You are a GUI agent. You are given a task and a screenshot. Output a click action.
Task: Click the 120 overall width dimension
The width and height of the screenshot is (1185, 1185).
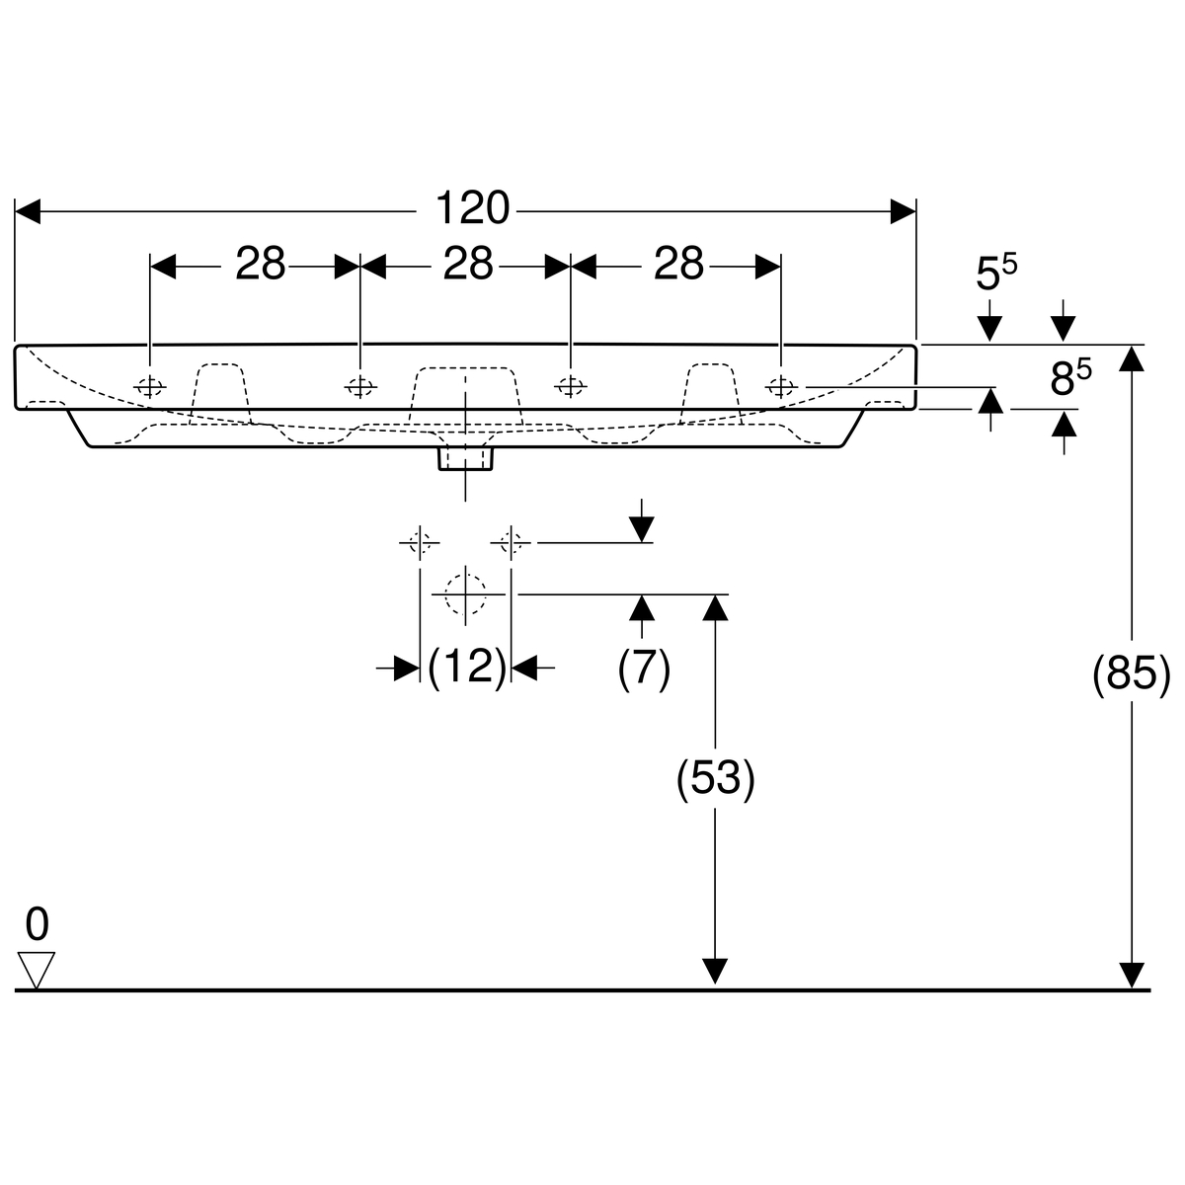tap(472, 209)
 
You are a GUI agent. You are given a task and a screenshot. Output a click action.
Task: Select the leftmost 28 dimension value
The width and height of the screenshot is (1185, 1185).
tap(260, 265)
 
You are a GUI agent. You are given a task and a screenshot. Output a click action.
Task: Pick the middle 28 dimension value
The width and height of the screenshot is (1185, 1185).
tap(467, 265)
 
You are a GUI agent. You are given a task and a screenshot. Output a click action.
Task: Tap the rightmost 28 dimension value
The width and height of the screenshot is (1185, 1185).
tap(679, 265)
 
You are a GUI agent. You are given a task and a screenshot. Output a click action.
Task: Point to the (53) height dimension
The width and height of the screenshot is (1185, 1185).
tap(715, 778)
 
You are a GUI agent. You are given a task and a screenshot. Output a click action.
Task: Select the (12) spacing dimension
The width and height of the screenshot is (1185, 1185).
tap(467, 668)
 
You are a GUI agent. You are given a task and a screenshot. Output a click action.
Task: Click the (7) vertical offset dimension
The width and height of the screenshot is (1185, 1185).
tap(644, 668)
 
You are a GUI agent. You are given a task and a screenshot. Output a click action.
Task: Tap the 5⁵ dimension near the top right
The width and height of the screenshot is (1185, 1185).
tap(994, 274)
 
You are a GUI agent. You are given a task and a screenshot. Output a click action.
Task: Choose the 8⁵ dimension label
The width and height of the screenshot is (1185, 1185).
tap(1068, 378)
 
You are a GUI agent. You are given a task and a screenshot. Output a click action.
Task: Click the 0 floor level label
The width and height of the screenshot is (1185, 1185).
tap(37, 924)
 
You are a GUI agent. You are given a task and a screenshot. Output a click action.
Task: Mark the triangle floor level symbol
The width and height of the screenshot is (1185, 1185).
tap(37, 969)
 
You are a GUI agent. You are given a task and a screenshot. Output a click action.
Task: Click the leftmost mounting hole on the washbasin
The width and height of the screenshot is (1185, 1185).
tap(149, 386)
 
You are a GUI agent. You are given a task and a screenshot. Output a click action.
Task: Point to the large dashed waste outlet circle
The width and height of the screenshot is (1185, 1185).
tap(465, 593)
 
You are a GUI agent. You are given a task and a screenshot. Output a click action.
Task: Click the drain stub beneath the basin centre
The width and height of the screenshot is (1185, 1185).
tap(465, 458)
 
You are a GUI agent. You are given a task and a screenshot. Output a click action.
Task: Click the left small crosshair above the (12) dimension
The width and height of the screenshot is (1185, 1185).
tap(420, 542)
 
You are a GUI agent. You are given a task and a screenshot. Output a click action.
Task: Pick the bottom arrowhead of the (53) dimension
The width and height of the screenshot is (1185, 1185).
tap(714, 973)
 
